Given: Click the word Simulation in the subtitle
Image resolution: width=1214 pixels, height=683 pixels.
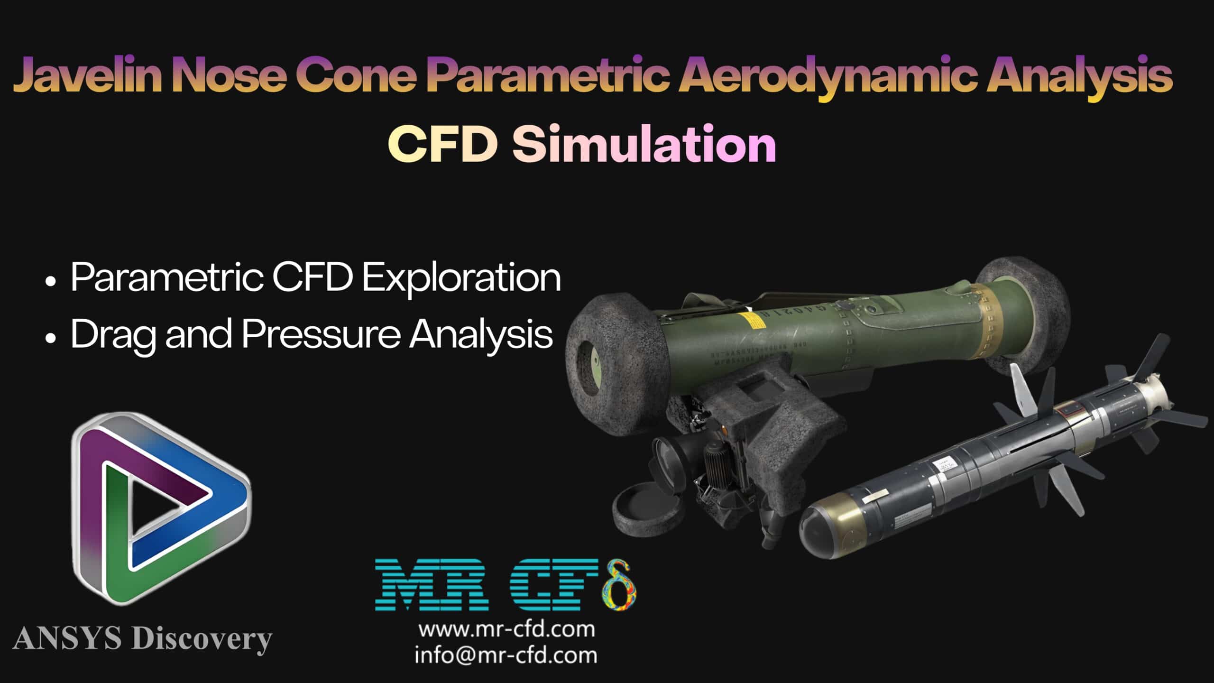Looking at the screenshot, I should [644, 143].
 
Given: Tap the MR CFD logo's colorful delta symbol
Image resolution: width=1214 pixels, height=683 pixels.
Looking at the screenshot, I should [619, 586].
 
